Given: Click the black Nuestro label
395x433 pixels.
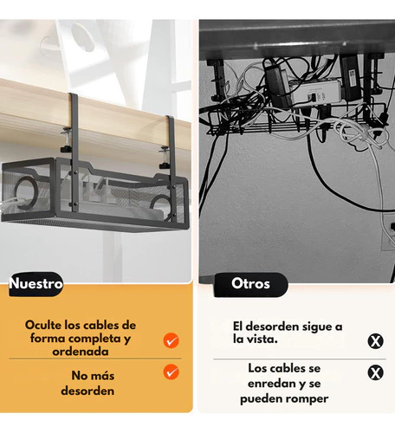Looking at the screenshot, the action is (36, 284).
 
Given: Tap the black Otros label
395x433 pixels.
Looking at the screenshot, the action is (250, 285).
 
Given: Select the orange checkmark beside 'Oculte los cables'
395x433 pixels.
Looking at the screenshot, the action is (172, 340).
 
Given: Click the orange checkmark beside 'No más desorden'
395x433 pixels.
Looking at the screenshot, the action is (172, 372).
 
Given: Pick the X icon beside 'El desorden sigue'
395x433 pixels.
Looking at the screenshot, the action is (375, 341).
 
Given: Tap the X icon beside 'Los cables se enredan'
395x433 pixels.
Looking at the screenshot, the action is (375, 372).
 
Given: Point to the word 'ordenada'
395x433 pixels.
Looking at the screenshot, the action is (81, 352).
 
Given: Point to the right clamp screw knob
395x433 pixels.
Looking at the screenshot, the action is (165, 165).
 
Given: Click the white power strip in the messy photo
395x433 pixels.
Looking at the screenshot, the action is (315, 94).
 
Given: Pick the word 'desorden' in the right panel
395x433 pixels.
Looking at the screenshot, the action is (271, 326).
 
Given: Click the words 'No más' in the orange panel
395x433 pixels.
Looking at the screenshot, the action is (93, 376).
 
